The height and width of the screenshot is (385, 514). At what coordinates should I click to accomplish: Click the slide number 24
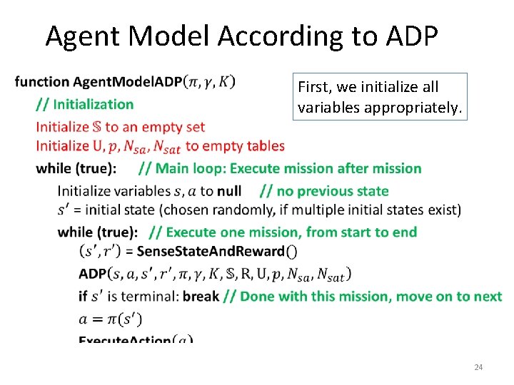(478, 367)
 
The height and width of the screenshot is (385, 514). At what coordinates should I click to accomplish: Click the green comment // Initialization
(85, 104)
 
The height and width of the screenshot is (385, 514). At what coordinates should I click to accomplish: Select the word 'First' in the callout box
(313, 87)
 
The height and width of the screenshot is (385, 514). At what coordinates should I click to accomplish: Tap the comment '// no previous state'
(324, 191)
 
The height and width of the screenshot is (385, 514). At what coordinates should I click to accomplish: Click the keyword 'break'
(201, 296)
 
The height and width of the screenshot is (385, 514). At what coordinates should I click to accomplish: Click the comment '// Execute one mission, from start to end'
(283, 232)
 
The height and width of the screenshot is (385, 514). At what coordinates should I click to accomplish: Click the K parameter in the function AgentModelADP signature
(225, 82)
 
